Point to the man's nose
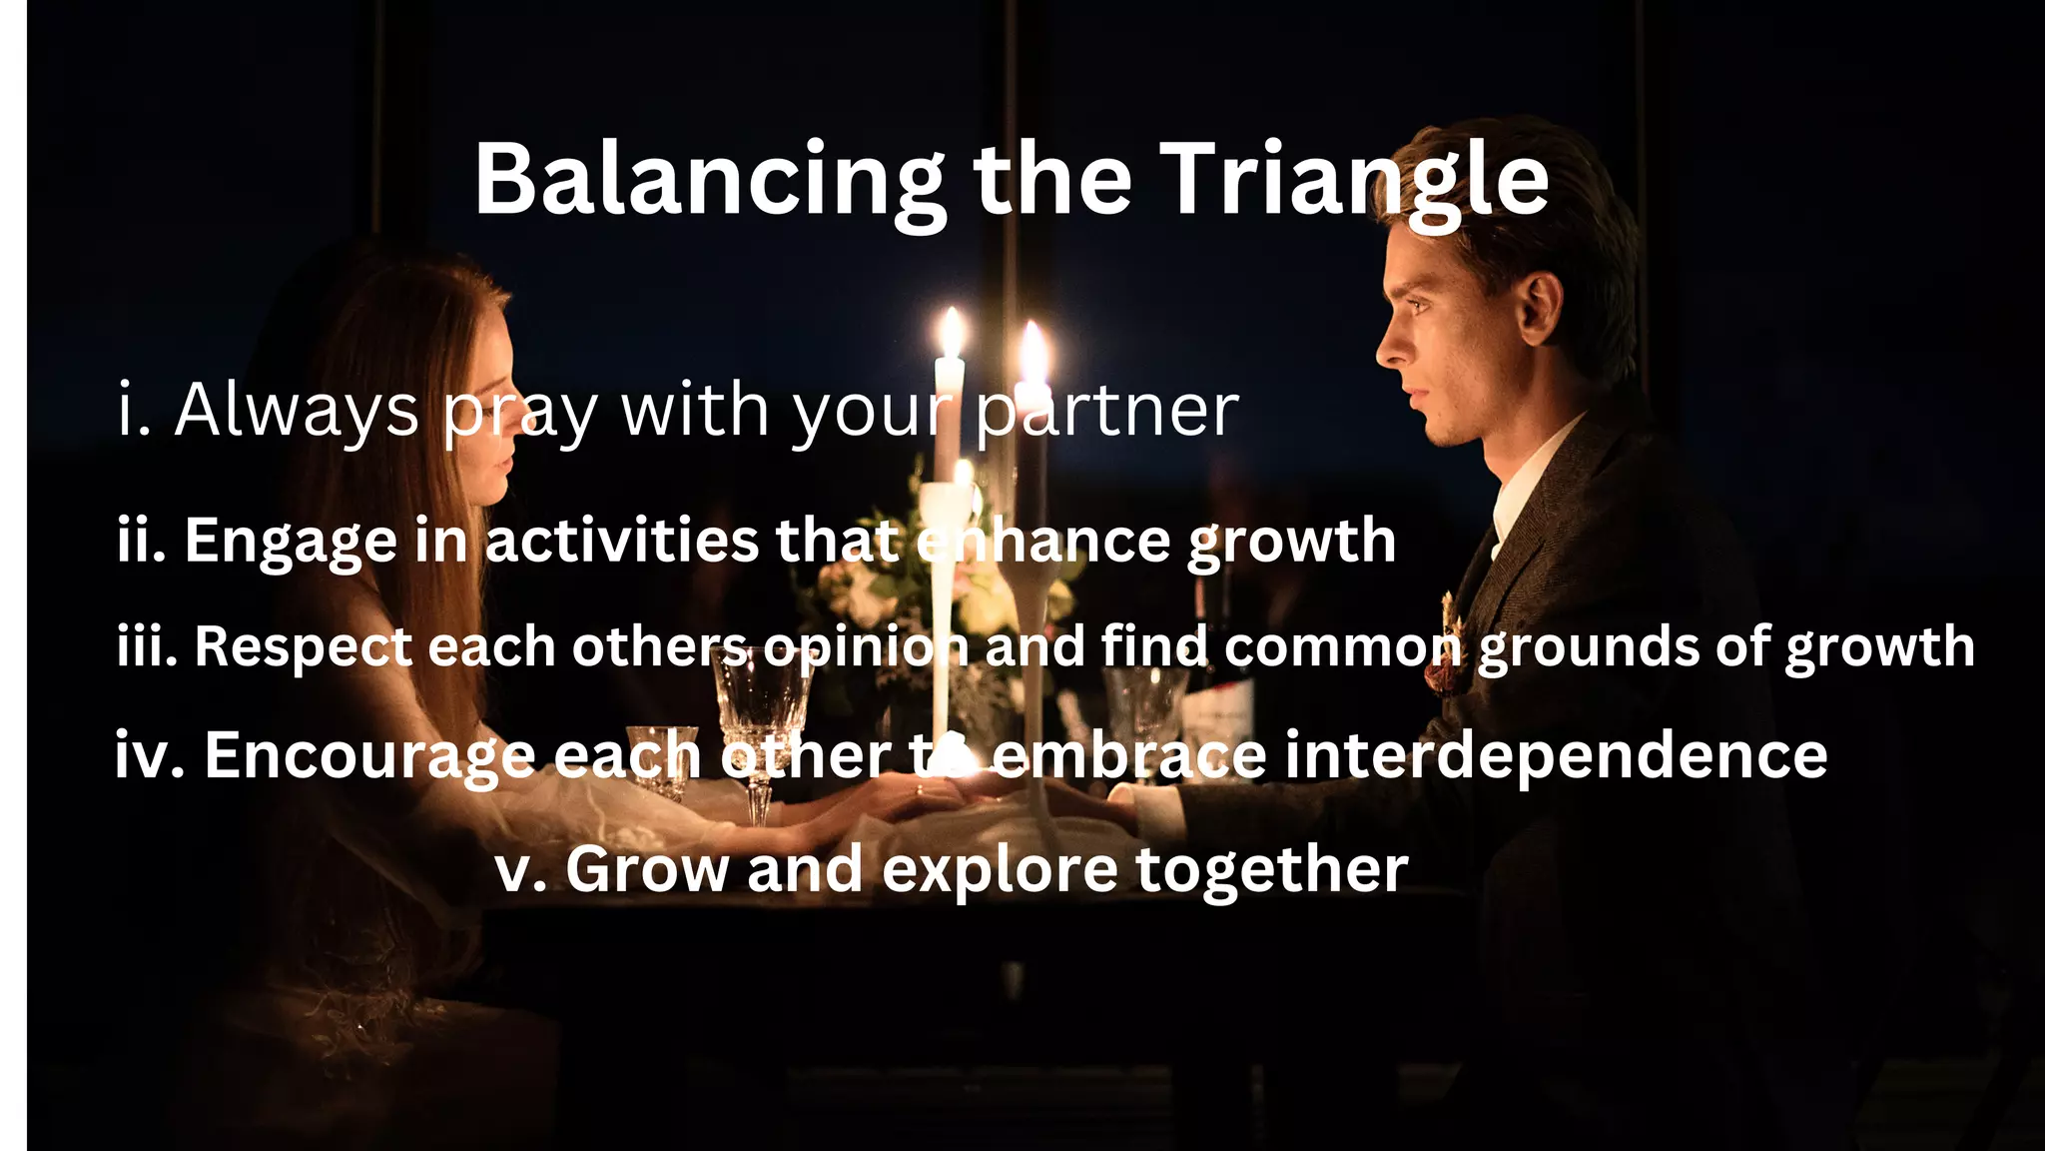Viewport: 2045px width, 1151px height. [1390, 345]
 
